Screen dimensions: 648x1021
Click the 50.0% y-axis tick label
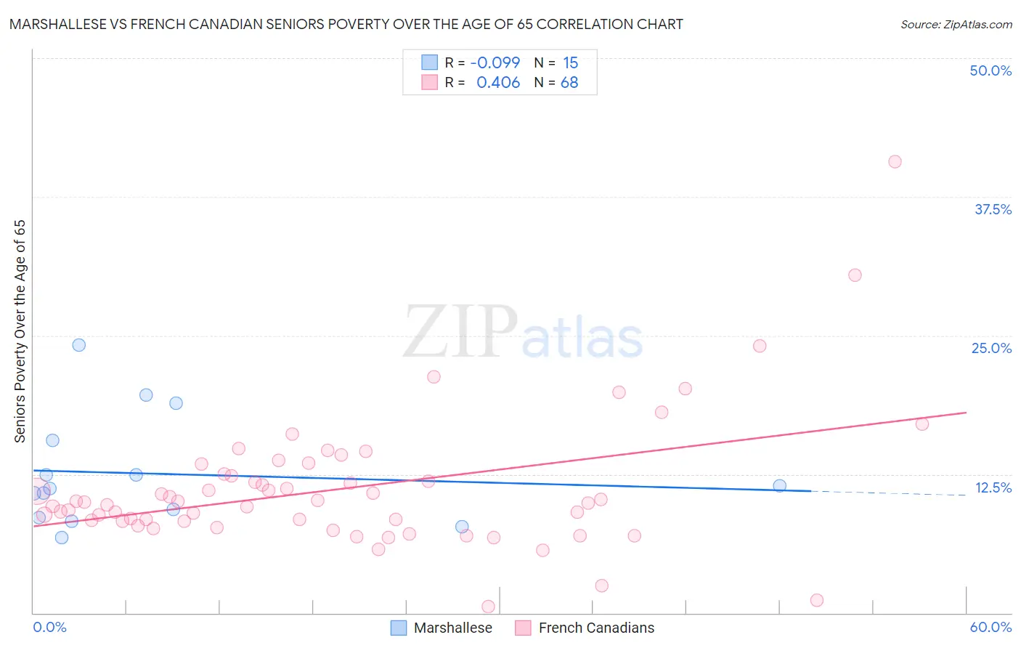tap(991, 70)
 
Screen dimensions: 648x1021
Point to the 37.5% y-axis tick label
tap(993, 209)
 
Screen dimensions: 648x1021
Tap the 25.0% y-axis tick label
tap(991, 348)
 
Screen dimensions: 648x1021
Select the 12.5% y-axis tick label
tap(993, 487)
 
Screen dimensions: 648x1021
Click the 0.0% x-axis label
tap(49, 627)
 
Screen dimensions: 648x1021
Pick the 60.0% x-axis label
tap(991, 627)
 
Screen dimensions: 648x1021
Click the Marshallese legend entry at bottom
tap(442, 628)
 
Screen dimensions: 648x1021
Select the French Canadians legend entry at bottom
tap(585, 628)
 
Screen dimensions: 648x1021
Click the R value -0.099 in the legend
tap(495, 63)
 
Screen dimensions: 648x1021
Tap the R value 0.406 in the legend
tap(497, 83)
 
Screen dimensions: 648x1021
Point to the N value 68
tap(569, 83)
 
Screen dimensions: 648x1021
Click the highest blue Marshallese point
tap(79, 345)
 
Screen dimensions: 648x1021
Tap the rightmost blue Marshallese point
tap(779, 485)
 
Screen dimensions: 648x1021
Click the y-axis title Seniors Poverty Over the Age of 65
tap(20, 331)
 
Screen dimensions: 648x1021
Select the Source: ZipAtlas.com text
tap(956, 25)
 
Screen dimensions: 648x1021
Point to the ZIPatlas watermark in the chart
tap(523, 333)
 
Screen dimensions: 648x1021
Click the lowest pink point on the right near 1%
tap(816, 600)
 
